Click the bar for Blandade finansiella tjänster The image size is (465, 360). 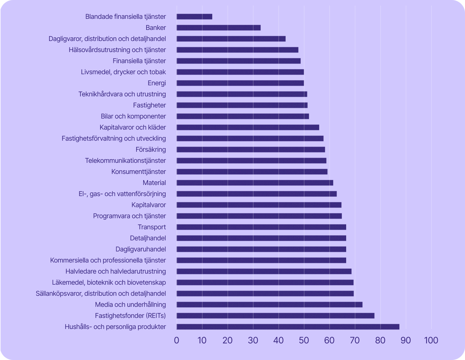click(194, 17)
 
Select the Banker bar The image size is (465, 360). click(218, 28)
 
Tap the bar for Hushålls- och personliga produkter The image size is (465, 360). click(288, 327)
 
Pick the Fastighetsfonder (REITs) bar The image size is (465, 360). click(275, 316)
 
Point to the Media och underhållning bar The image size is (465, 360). click(269, 305)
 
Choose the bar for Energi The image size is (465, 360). click(240, 83)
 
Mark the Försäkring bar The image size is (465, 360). click(251, 150)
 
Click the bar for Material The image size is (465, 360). click(255, 183)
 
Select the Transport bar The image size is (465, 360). click(261, 227)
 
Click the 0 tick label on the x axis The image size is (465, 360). click(177, 340)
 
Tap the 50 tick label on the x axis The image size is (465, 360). click(304, 340)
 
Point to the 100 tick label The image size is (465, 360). click(431, 340)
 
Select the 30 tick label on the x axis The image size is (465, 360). click(253, 340)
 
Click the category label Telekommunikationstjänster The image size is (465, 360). click(125, 161)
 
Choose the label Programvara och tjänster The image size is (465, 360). click(130, 216)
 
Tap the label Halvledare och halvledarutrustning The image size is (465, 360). click(116, 271)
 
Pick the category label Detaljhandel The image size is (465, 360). click(148, 238)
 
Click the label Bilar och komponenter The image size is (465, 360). click(133, 116)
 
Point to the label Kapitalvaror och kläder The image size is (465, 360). click(132, 127)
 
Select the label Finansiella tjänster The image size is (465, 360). click(139, 61)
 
